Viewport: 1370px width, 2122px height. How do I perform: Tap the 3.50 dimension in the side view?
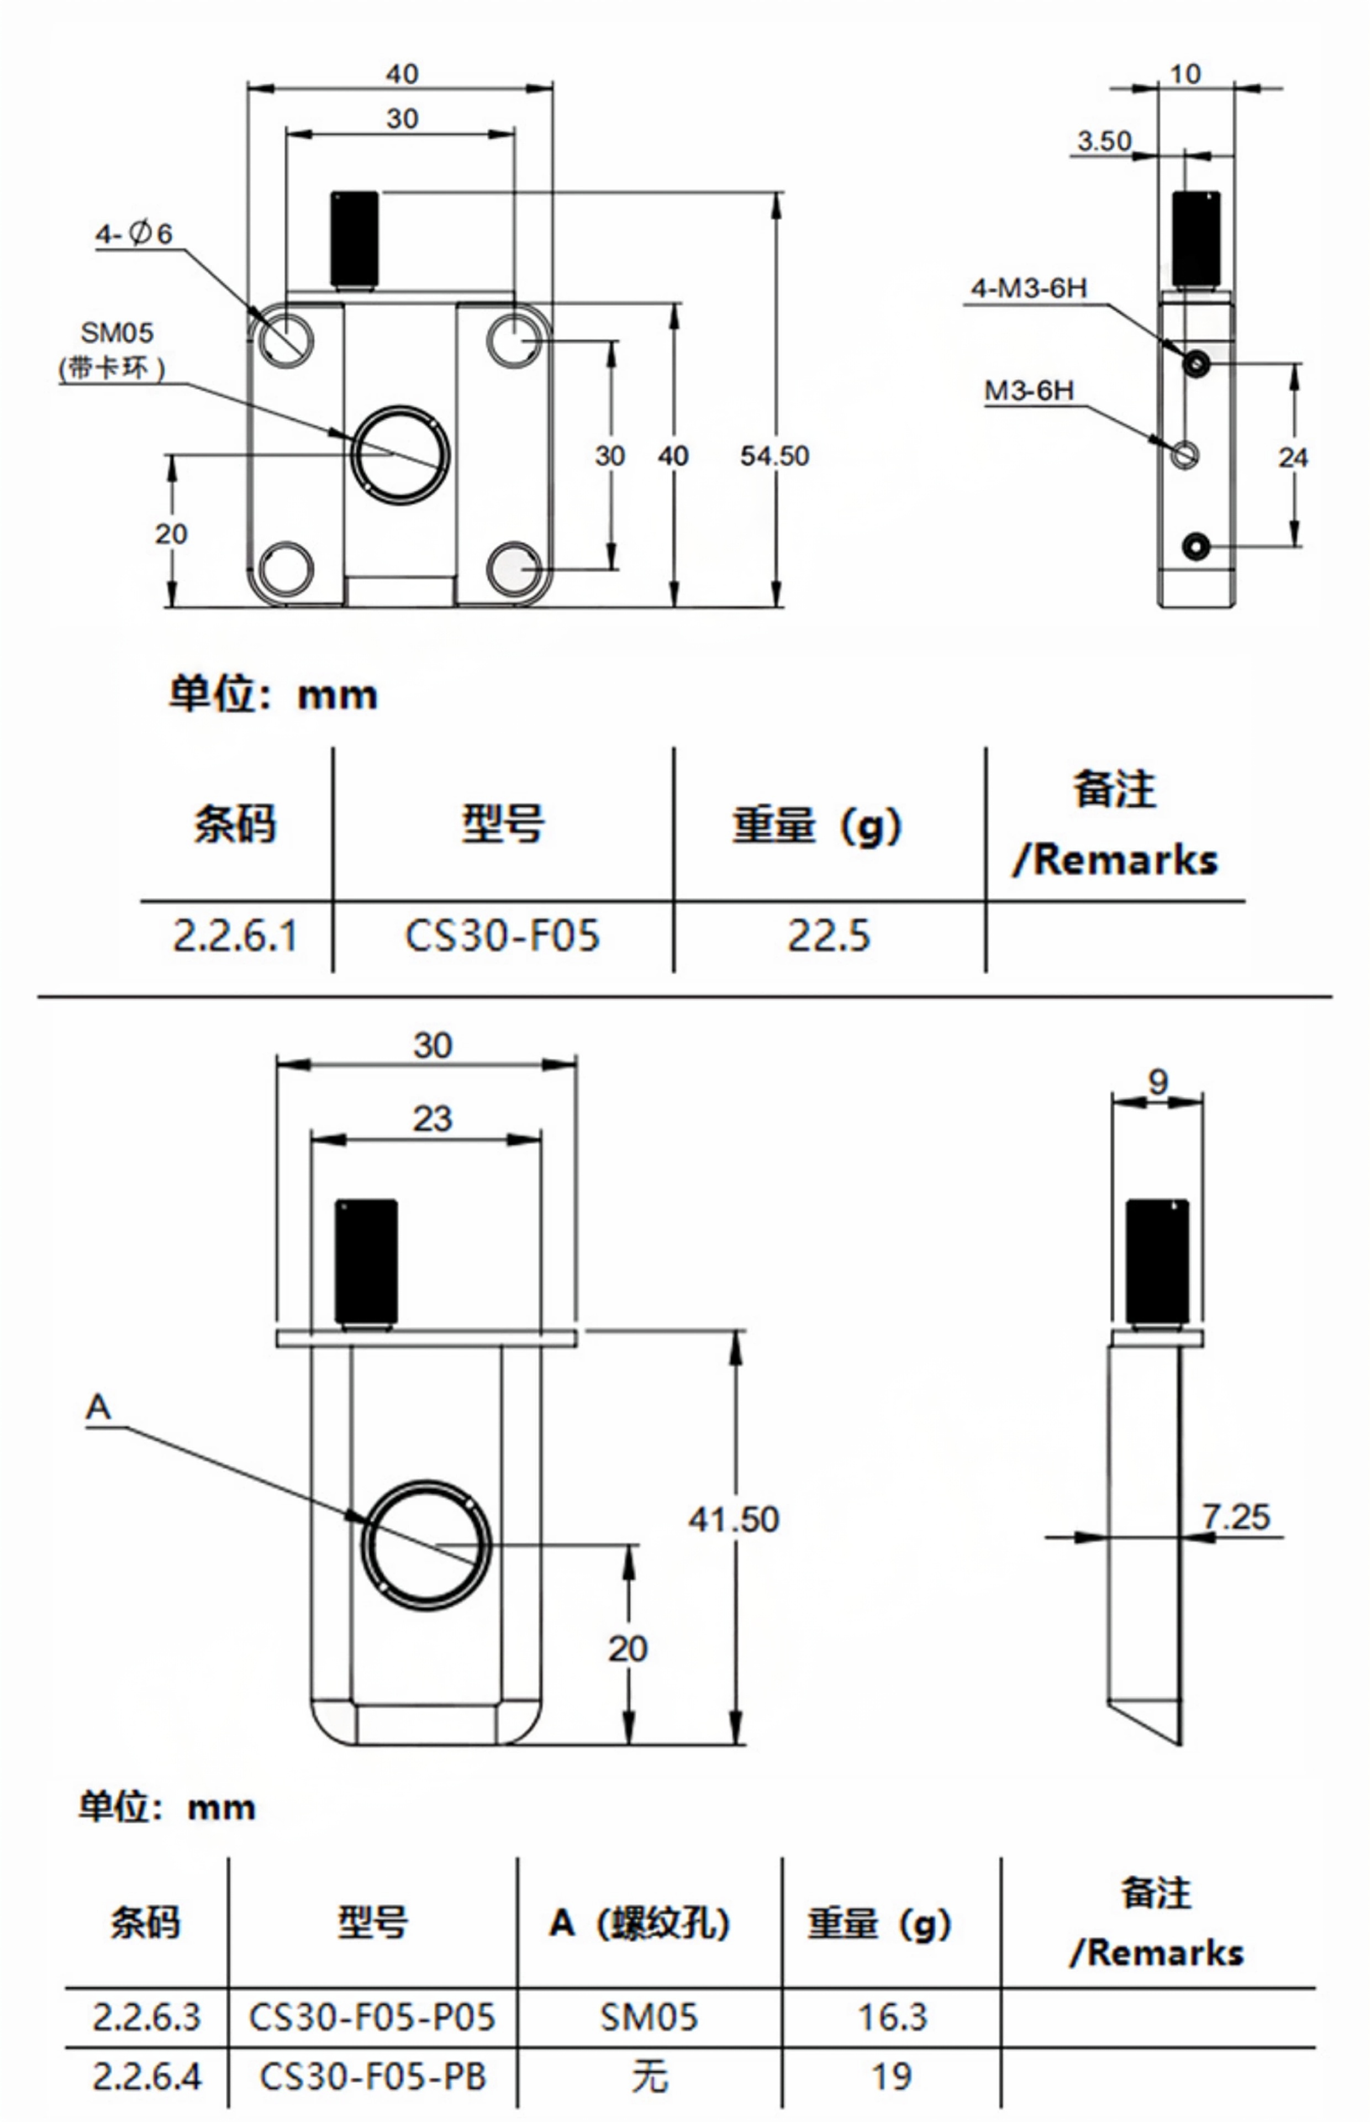coord(1104,140)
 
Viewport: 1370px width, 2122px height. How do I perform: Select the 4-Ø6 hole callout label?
coord(134,234)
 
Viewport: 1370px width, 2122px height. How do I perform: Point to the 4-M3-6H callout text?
coord(1029,288)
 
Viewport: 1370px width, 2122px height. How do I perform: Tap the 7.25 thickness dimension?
coord(1236,1517)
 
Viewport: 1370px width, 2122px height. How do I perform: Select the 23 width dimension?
coord(433,1119)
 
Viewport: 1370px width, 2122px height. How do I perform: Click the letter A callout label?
coord(98,1407)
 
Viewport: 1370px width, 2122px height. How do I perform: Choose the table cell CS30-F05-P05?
coord(372,2017)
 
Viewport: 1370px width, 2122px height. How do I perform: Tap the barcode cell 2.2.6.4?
coord(147,2077)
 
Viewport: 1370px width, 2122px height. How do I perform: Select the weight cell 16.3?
coord(892,2017)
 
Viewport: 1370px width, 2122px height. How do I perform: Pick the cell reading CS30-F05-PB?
coord(372,2077)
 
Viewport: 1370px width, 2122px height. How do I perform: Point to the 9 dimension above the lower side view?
coord(1157,1082)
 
